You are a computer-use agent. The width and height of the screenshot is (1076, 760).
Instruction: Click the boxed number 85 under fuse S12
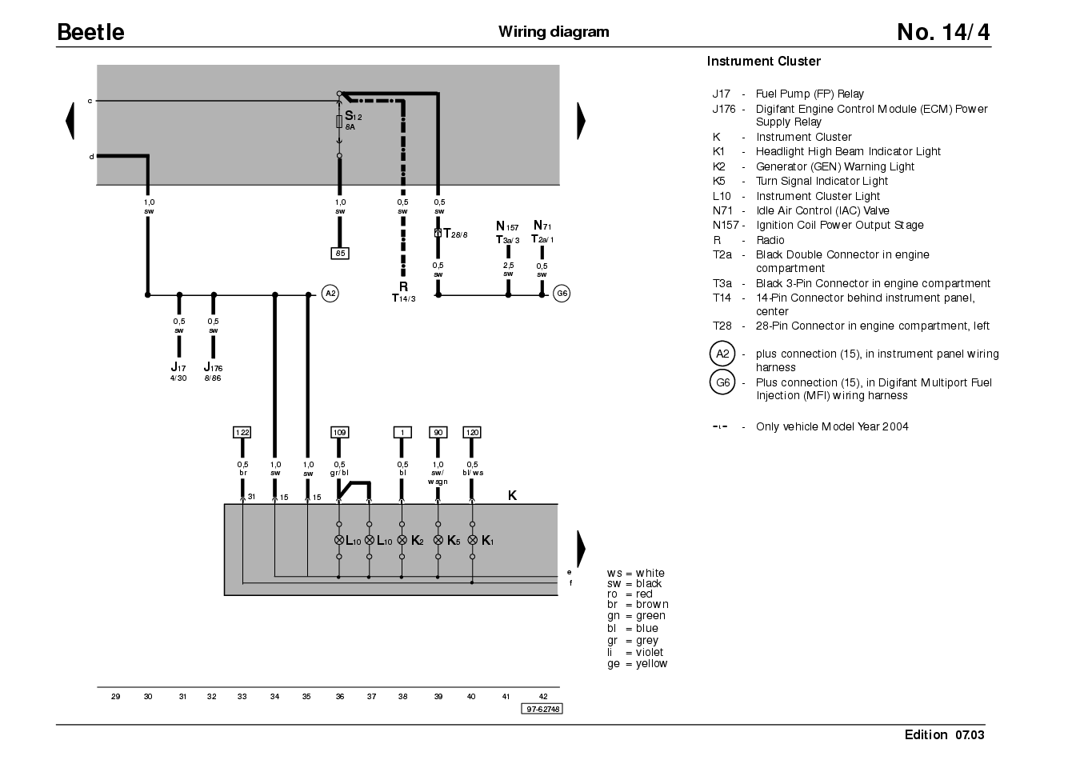pos(340,253)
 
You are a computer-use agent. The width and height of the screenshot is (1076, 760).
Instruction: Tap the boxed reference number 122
pos(242,432)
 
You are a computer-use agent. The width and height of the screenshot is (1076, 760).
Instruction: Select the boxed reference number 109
pos(340,432)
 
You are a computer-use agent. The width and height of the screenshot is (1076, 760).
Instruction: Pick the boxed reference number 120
pos(472,432)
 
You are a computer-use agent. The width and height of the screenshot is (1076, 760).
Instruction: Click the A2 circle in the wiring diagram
pos(330,294)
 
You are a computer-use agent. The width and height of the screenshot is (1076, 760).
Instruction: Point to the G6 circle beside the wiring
pos(562,294)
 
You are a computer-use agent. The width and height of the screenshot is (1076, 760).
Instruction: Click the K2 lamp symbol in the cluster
pos(402,541)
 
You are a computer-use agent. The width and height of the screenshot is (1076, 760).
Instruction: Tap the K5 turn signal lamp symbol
pos(438,541)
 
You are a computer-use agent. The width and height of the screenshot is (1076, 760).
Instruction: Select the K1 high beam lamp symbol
pos(473,541)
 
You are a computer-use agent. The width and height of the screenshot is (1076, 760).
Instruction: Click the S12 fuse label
pos(353,116)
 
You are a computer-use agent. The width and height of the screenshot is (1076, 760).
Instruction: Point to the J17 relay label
pos(178,367)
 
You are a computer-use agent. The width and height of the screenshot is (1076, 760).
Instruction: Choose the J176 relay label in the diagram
pos(213,367)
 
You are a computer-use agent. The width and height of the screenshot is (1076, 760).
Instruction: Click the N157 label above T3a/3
pos(507,226)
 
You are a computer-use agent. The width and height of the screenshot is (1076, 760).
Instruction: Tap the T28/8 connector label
pos(455,234)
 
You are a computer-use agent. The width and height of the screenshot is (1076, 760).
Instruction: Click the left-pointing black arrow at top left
pos(70,121)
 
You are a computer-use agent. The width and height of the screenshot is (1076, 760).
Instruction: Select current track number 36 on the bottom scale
pos(340,697)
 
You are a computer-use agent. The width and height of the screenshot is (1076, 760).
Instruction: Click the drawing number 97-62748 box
pos(542,709)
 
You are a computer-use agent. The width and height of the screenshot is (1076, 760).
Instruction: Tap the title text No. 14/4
pos(943,32)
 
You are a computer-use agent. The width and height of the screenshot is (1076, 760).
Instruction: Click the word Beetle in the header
pos(90,32)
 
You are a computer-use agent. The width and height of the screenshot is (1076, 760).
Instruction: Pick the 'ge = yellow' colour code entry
pos(637,664)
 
